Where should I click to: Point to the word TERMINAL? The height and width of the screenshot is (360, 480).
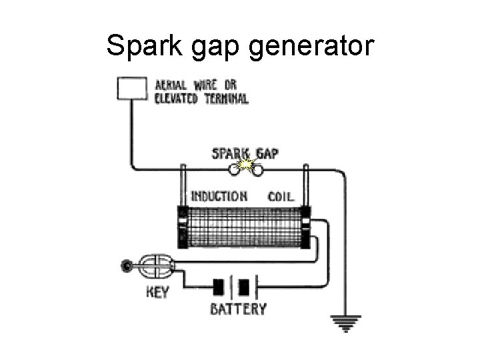(224, 99)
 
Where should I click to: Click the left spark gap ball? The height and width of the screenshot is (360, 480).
(234, 171)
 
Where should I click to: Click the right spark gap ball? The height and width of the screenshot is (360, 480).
(257, 171)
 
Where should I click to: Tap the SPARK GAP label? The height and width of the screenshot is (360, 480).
(245, 153)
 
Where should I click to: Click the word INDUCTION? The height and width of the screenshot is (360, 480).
(219, 196)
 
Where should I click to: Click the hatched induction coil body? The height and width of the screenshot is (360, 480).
(244, 227)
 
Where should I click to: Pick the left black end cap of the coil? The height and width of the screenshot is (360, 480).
(183, 227)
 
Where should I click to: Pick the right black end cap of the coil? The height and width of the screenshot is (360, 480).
(305, 227)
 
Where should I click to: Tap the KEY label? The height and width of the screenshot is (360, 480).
(157, 291)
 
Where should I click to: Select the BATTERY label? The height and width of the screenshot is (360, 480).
(238, 309)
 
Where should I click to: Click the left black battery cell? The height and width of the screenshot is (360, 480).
(219, 287)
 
